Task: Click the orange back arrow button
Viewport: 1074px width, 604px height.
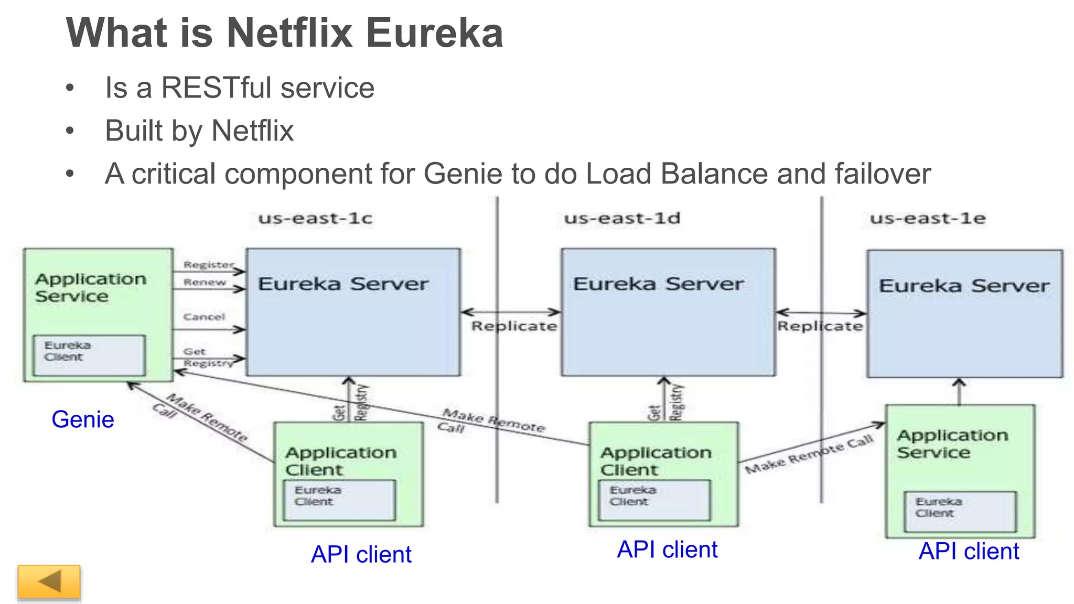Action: click(49, 581)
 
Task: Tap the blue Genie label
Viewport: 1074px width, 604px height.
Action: click(83, 419)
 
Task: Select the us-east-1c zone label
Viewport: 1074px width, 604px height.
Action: click(315, 218)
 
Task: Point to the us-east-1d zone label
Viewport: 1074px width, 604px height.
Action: click(622, 218)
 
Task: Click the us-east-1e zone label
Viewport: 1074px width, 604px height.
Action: click(928, 218)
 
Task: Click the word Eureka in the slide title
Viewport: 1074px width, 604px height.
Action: click(434, 33)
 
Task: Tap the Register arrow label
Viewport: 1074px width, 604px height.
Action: click(208, 265)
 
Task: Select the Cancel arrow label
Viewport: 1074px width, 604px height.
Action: click(204, 317)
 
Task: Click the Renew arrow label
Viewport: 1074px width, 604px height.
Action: click(205, 283)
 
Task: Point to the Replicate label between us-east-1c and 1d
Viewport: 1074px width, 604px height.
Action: click(514, 326)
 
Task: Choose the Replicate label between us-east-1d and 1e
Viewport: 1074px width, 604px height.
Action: click(820, 326)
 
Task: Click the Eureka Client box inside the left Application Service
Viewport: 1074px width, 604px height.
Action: click(89, 355)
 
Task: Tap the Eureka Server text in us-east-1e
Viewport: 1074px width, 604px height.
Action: click(964, 286)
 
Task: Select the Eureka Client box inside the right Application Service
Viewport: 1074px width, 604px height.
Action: click(960, 511)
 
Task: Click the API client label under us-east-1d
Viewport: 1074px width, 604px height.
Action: click(667, 549)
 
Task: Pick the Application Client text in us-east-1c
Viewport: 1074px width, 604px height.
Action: click(340, 461)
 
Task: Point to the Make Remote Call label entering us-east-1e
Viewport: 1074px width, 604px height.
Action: click(809, 455)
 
